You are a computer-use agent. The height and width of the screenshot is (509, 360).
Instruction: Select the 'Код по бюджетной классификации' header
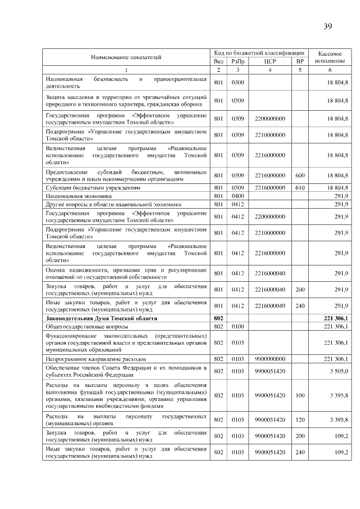259,52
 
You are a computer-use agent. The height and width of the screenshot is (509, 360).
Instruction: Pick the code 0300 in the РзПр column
237,83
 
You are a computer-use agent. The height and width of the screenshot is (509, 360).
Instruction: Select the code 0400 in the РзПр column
237,195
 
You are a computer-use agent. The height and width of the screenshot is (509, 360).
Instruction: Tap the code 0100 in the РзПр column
237,326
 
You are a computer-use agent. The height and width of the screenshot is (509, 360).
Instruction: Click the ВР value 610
300,187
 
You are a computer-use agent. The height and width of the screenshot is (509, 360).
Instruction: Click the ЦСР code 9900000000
269,358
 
